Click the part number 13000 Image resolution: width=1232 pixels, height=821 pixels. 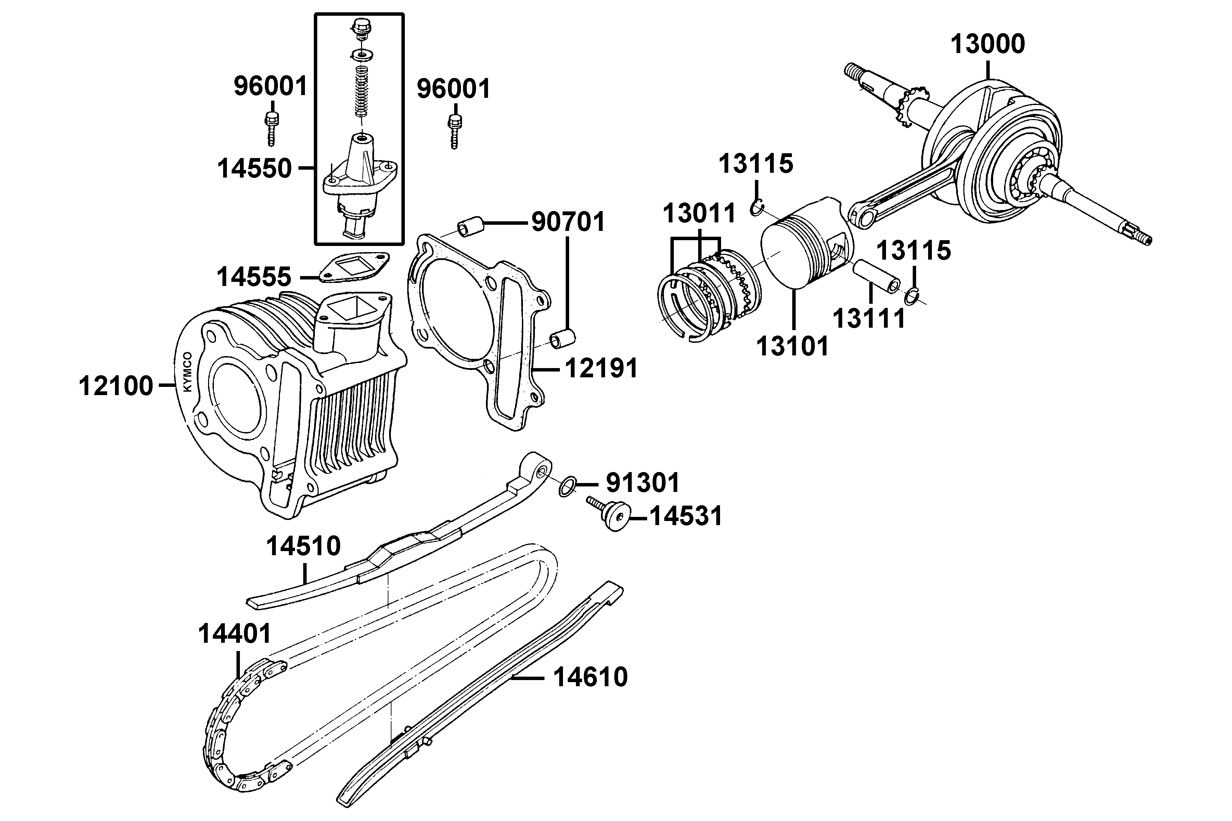[987, 44]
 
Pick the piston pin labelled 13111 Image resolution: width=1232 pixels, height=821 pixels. [875, 276]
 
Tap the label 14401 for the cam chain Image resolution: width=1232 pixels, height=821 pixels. [235, 634]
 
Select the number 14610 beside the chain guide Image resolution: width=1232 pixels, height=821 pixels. [590, 677]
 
